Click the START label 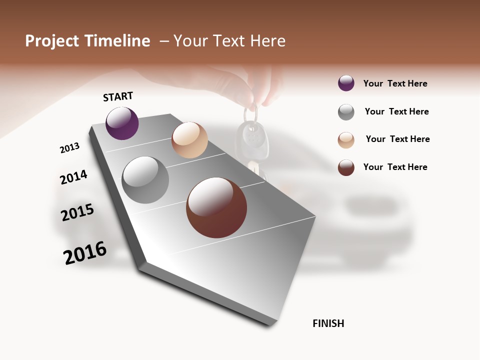118,96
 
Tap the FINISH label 328,323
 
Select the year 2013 69,148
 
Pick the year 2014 73,177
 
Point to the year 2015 77,212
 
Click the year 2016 85,253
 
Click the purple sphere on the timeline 122,123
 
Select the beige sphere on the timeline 189,140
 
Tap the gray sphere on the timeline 145,180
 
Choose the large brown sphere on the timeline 216,207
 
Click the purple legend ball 346,83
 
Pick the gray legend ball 346,112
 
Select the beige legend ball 346,140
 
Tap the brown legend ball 346,167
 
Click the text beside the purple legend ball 395,83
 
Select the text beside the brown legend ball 395,167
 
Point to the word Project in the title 52,41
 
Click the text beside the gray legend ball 396,111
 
